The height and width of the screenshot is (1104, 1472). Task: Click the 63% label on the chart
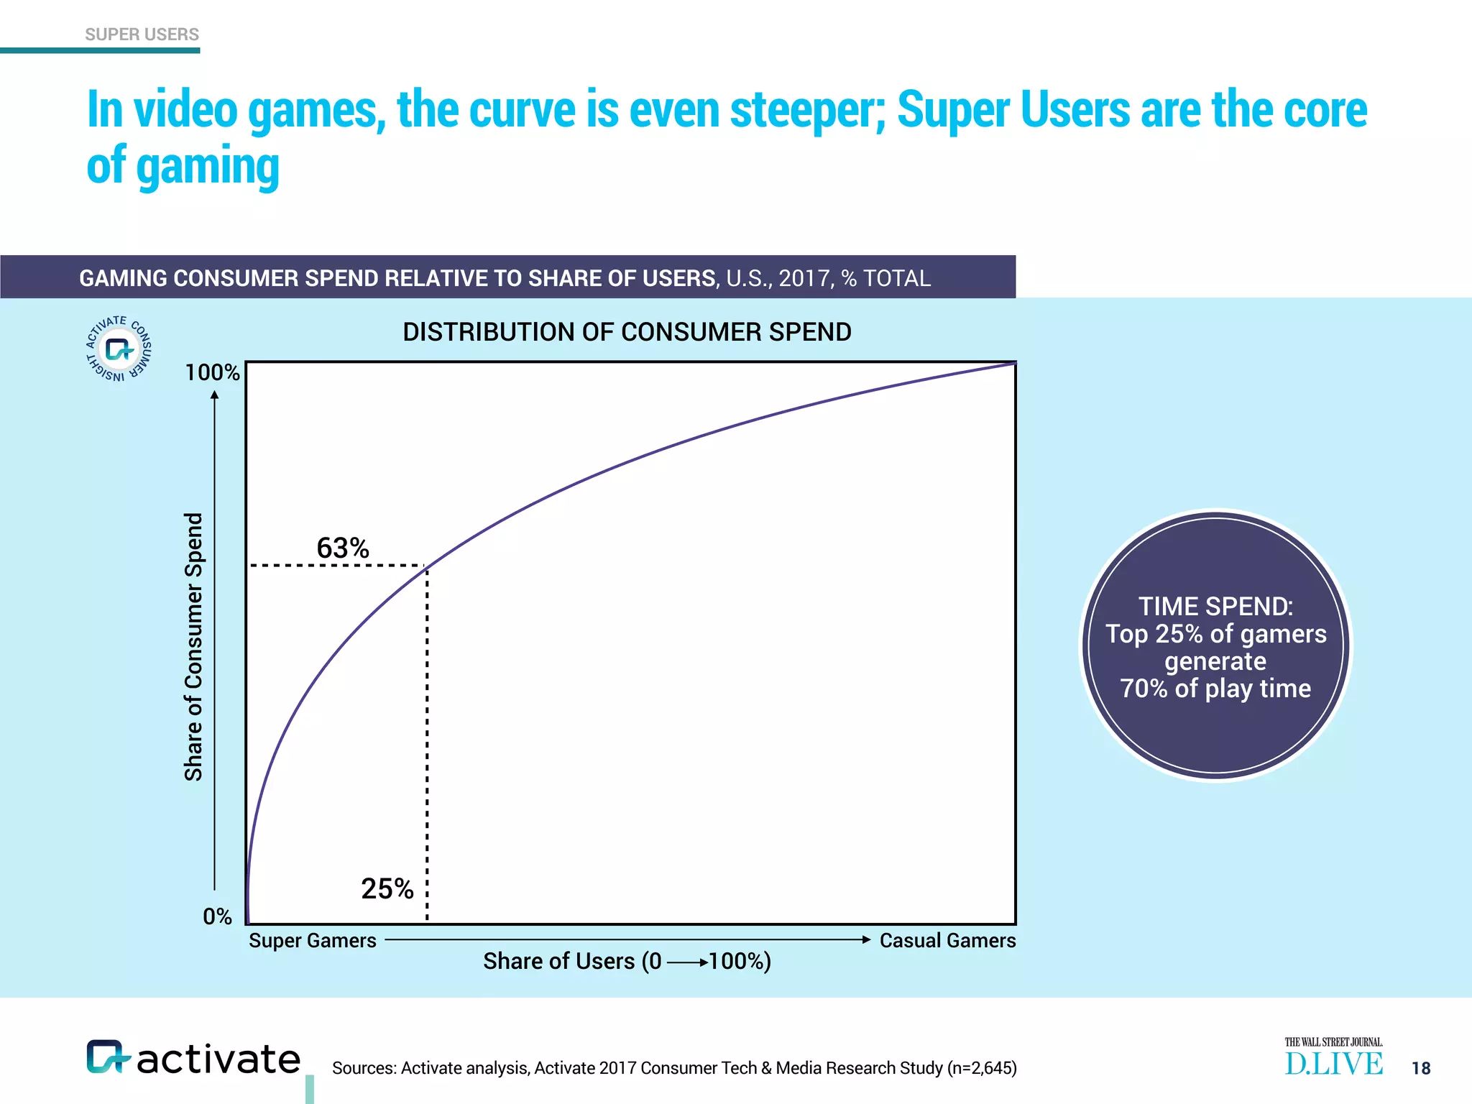point(343,548)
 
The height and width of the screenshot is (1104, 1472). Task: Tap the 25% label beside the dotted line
point(387,889)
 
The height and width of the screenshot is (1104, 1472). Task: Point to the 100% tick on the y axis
point(212,372)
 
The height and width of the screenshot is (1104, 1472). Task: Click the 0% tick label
point(217,916)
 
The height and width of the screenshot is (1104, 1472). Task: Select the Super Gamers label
point(313,940)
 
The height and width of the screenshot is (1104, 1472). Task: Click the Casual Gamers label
point(947,940)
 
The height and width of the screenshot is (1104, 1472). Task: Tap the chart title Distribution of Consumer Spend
point(627,332)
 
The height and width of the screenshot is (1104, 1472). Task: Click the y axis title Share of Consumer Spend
point(193,647)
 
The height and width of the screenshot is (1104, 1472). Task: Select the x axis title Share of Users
point(627,961)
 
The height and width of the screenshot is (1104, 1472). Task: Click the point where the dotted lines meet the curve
point(428,567)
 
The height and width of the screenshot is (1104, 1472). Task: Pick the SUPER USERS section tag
point(142,34)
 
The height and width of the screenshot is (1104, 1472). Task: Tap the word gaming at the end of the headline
point(208,166)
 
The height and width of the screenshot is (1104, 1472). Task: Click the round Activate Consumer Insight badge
point(119,349)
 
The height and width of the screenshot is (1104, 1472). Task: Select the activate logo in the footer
point(193,1059)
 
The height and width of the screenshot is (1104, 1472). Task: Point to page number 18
point(1421,1068)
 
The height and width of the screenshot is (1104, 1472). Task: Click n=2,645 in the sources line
point(983,1068)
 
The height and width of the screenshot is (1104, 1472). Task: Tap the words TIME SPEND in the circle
point(1215,607)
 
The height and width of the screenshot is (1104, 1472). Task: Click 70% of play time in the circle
point(1215,689)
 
